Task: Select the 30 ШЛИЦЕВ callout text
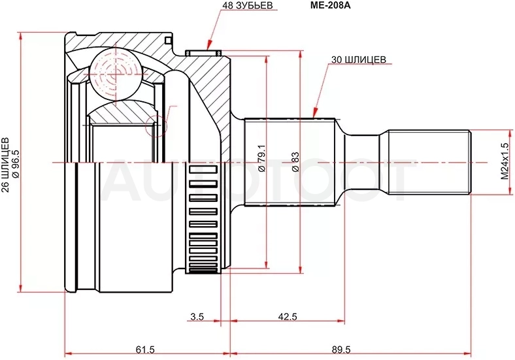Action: (x=359, y=59)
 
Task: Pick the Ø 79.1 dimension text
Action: (x=261, y=158)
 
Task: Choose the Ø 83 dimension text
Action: (x=295, y=161)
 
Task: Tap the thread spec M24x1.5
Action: (x=505, y=161)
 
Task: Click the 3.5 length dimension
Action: (x=197, y=316)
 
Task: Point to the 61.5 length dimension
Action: (x=145, y=350)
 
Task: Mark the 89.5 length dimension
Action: (x=341, y=350)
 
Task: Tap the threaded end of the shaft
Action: (x=429, y=162)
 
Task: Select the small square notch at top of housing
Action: (x=168, y=41)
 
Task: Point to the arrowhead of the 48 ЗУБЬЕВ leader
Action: (x=208, y=47)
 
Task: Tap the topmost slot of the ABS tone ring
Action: (x=204, y=169)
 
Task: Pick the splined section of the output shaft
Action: (x=290, y=162)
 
